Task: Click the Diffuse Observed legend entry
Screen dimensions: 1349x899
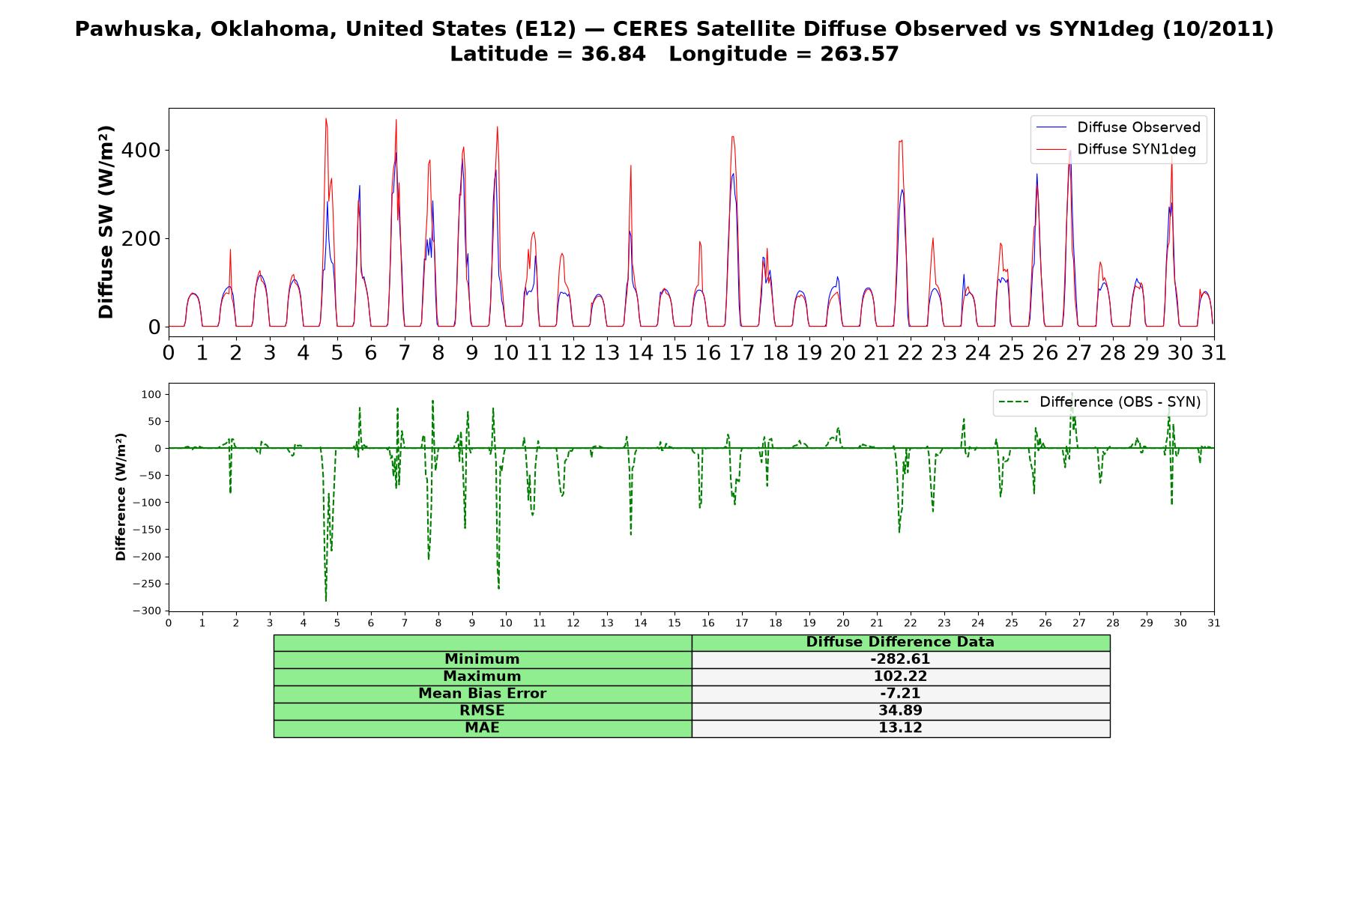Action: (x=1118, y=127)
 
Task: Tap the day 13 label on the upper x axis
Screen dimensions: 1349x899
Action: (x=606, y=353)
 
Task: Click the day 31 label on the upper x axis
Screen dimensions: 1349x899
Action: (x=1213, y=353)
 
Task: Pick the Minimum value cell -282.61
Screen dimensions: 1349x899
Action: (x=900, y=659)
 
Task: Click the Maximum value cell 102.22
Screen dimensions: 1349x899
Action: (x=900, y=676)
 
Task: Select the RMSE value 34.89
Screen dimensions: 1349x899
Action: (x=900, y=711)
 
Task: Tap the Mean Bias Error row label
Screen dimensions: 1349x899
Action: (x=482, y=694)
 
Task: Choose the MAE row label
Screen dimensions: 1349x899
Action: (x=482, y=728)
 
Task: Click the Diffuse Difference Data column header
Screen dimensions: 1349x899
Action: (x=900, y=642)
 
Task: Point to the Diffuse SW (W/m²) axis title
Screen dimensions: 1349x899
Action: (x=106, y=223)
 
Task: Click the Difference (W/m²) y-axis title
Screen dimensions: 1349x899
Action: (x=121, y=497)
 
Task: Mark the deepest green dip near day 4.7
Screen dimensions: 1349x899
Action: (x=326, y=601)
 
